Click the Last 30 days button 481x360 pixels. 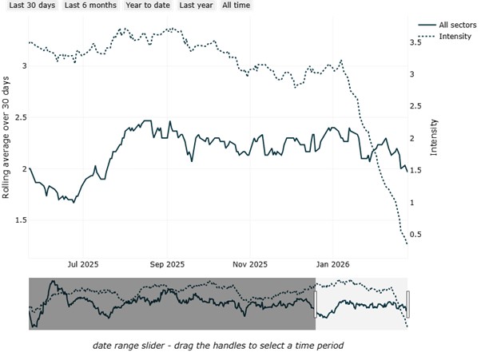(x=32, y=6)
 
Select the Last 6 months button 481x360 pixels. (x=90, y=6)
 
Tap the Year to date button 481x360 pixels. (x=148, y=6)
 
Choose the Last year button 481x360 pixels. (x=196, y=6)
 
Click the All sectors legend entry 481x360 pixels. (x=447, y=25)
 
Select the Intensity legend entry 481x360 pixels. (x=444, y=36)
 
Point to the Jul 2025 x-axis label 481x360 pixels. (x=83, y=264)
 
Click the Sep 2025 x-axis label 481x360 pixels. (x=167, y=264)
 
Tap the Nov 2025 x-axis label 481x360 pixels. (x=250, y=264)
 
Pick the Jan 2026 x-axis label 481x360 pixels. (x=333, y=264)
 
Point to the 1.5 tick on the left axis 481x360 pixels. (x=21, y=220)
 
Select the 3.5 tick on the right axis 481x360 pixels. (x=415, y=42)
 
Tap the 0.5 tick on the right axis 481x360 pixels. (x=415, y=235)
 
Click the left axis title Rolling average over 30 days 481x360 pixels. (x=6, y=137)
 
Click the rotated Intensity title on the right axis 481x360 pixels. (x=433, y=137)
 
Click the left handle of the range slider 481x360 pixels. (x=315, y=305)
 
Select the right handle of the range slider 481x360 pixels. (x=407, y=305)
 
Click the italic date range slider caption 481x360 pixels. (x=218, y=346)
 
